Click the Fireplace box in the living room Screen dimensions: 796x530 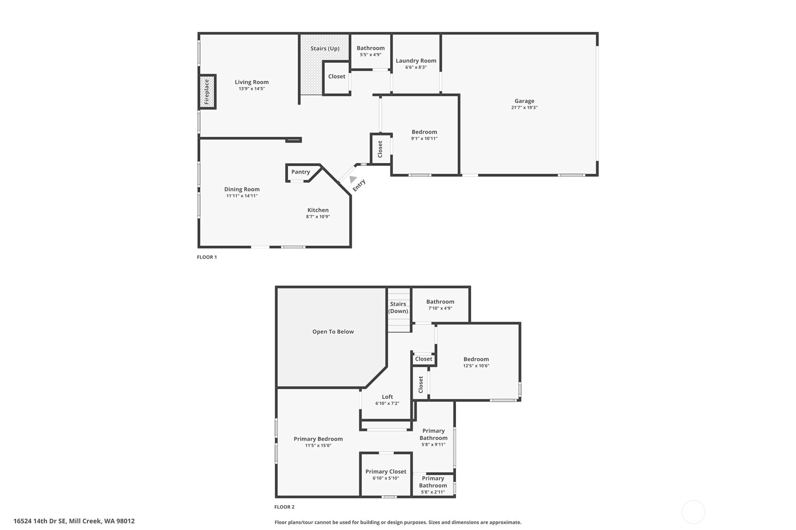[x=207, y=91]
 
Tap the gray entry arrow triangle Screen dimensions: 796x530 [x=353, y=179]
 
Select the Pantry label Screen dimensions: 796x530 [x=301, y=172]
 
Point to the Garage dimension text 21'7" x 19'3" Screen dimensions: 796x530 [x=524, y=108]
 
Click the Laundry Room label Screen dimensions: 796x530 [x=416, y=61]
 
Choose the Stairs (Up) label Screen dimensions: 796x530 [x=325, y=49]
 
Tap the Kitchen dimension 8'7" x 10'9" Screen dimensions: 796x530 [x=318, y=216]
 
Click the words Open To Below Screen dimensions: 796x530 [x=333, y=332]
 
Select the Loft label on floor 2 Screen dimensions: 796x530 [x=387, y=397]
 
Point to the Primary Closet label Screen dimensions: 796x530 [x=386, y=471]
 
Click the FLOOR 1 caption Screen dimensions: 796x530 [x=207, y=257]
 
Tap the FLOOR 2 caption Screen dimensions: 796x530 [x=284, y=507]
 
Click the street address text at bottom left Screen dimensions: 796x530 [x=74, y=521]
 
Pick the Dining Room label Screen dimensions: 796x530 [x=242, y=189]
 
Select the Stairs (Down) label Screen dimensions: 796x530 [x=398, y=307]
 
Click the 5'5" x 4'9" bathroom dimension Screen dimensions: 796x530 [x=371, y=55]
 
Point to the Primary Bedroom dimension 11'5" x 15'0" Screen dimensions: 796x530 [x=318, y=446]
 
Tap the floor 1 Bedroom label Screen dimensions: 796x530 [x=425, y=132]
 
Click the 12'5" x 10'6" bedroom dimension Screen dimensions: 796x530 [x=476, y=366]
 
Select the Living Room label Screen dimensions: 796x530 [x=251, y=82]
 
